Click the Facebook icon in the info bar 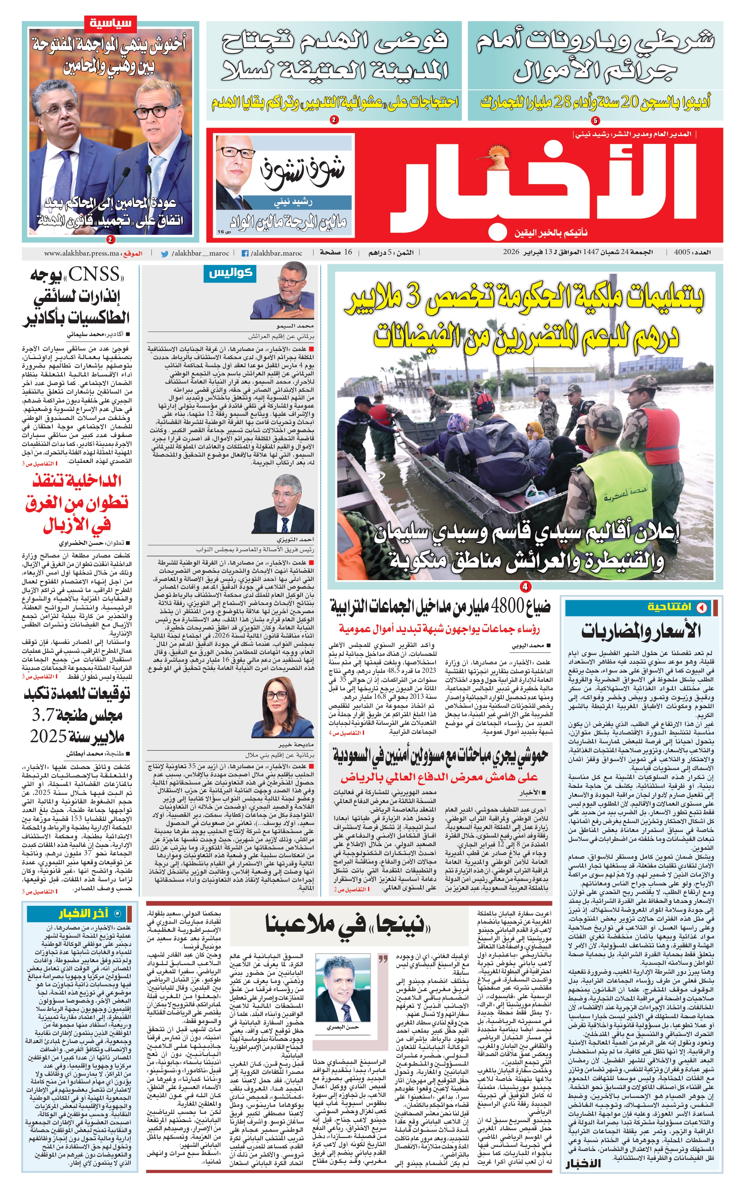coord(244,254)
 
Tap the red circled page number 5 coord(595,121)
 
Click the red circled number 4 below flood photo coord(525,587)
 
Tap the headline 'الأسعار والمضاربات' coord(640,631)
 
